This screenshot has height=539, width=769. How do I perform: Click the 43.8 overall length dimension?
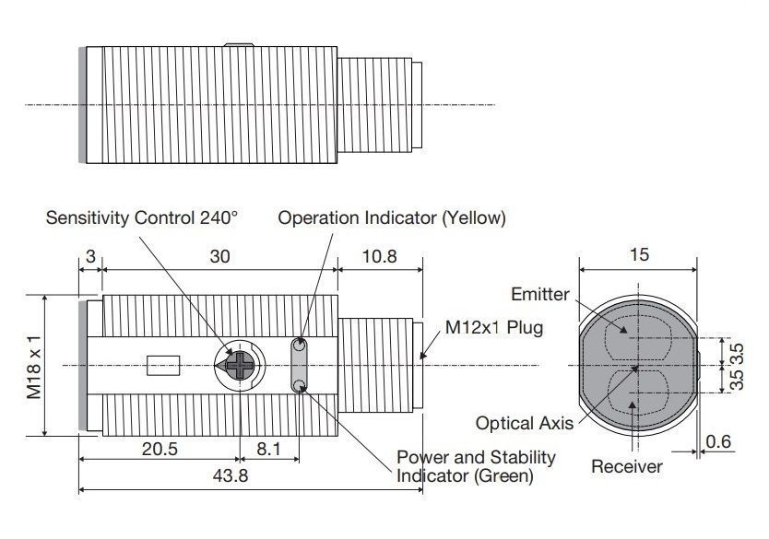(x=231, y=475)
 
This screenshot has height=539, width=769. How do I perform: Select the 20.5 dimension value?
(x=160, y=449)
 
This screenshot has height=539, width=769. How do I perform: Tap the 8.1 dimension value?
(x=268, y=449)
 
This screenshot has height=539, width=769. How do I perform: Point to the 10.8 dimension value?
(x=379, y=256)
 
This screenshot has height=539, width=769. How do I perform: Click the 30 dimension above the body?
(x=219, y=256)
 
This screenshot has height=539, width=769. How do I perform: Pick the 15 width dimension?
(x=639, y=254)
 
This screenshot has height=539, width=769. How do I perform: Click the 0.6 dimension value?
(x=718, y=441)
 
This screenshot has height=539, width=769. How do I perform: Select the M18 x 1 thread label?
(x=34, y=368)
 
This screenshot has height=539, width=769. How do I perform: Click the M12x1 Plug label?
(x=494, y=327)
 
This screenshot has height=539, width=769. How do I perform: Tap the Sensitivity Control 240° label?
(x=142, y=217)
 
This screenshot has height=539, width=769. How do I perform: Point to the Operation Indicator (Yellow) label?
(x=392, y=218)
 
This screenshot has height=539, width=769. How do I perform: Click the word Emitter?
(x=540, y=294)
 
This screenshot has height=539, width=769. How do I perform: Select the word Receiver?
(x=627, y=466)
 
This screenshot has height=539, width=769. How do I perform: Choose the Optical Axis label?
(x=525, y=423)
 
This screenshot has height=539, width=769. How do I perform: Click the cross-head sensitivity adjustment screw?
(x=240, y=366)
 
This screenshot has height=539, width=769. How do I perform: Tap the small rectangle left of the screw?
(x=163, y=366)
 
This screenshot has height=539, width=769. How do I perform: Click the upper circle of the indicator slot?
(x=299, y=345)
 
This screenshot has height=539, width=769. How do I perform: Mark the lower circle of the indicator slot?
(x=299, y=386)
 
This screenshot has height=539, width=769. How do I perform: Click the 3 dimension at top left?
(x=90, y=256)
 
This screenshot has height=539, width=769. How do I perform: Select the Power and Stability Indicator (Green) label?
(x=476, y=466)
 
